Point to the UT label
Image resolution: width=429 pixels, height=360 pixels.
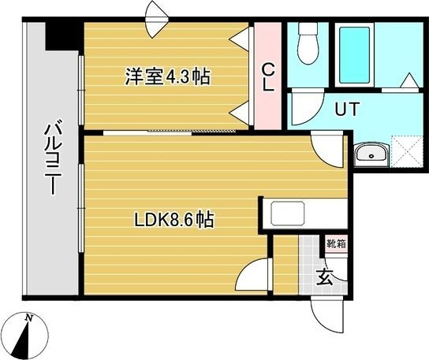point(347,109)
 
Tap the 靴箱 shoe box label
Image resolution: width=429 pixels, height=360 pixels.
point(335,243)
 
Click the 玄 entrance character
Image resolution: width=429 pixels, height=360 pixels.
point(324,276)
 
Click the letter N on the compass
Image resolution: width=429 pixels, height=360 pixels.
point(28,317)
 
